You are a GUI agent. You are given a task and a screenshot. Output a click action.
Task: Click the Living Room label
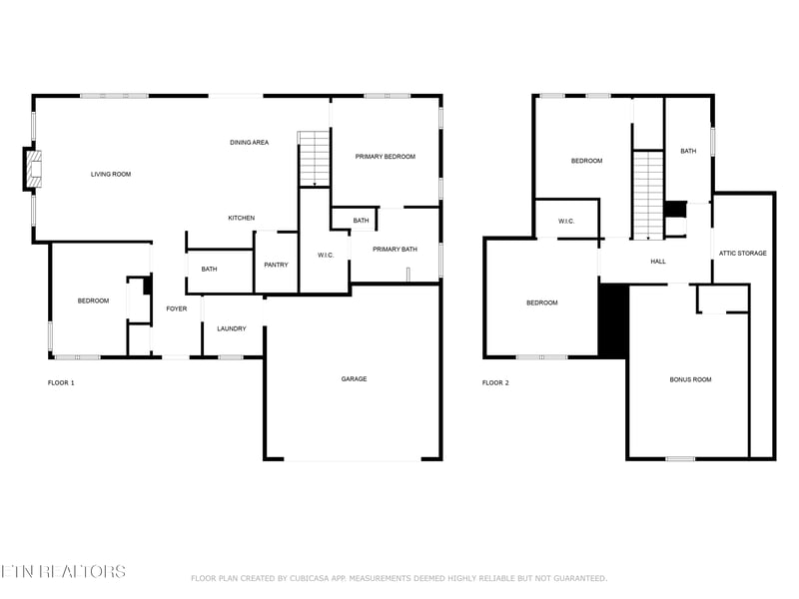(x=111, y=174)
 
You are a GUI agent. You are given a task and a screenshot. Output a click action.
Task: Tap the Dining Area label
(x=249, y=143)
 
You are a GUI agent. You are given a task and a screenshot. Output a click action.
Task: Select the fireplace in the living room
(x=32, y=169)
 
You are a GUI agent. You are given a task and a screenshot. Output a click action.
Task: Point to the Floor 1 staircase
(x=315, y=159)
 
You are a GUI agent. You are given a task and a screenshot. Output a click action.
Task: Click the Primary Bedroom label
(x=386, y=157)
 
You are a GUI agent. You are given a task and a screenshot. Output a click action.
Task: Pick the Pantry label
(x=277, y=265)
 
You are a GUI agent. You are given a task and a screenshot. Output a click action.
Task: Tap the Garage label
(x=355, y=379)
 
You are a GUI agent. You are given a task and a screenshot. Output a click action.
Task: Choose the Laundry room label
(x=232, y=329)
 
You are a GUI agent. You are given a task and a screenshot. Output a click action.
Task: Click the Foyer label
(x=177, y=308)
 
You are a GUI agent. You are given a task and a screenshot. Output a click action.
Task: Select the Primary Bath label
(x=395, y=249)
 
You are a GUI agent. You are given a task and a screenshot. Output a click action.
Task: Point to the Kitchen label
(x=241, y=218)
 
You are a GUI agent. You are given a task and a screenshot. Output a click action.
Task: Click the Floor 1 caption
(x=61, y=383)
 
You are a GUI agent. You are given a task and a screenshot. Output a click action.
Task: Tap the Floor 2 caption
(x=495, y=383)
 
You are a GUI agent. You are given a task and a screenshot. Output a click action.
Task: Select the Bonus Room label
(x=690, y=379)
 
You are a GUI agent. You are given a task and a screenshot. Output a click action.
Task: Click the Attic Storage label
(x=742, y=254)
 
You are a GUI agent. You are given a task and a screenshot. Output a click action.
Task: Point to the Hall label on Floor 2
(x=658, y=262)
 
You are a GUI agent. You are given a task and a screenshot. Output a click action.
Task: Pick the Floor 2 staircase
(x=648, y=195)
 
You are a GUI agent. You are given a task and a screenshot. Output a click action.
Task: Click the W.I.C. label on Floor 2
(x=566, y=221)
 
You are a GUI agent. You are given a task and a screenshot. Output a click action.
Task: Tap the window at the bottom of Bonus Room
(x=680, y=459)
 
